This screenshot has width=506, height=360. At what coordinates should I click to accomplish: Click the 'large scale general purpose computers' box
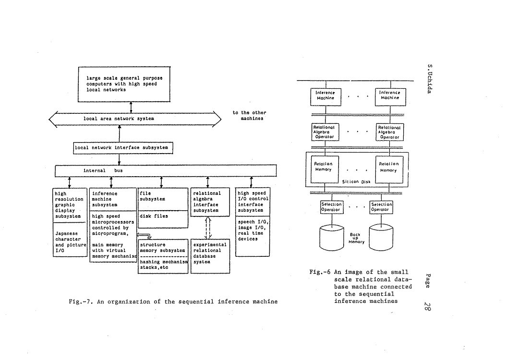tap(124, 84)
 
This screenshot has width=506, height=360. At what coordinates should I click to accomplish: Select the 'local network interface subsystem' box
tap(123, 148)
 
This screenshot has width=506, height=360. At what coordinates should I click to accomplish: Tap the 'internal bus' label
tap(103, 170)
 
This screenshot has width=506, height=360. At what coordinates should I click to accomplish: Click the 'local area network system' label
tap(119, 118)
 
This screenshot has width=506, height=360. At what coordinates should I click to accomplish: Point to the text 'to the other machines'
tap(249, 116)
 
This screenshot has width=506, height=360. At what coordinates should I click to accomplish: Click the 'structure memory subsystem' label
tap(162, 248)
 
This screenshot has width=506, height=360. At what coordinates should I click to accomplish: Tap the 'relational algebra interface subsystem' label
tap(207, 202)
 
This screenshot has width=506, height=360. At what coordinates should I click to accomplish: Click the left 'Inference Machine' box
tap(325, 96)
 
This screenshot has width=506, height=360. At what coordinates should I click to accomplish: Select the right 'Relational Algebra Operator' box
tap(390, 132)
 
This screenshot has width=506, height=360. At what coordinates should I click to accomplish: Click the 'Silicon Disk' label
tap(355, 182)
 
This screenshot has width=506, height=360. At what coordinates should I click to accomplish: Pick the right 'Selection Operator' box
tap(381, 206)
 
